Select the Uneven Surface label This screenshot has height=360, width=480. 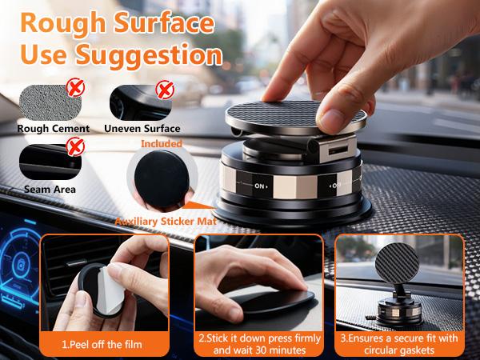click(142, 127)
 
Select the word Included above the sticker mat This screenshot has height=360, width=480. click(162, 144)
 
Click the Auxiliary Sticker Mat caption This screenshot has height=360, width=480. click(165, 220)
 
